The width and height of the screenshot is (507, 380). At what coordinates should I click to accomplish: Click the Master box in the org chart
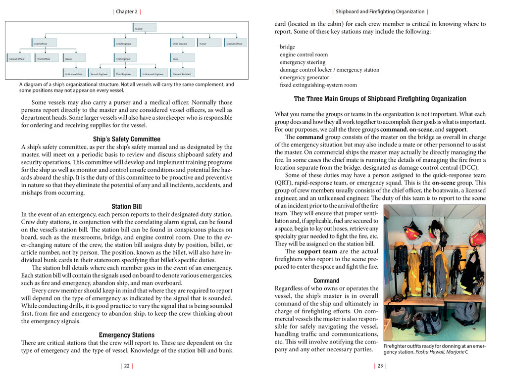tap(145, 28)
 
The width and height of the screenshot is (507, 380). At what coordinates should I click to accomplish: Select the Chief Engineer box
tap(128, 43)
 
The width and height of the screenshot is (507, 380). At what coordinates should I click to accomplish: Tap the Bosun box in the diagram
tap(75, 58)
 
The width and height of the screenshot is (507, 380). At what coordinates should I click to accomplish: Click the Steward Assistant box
tap(182, 73)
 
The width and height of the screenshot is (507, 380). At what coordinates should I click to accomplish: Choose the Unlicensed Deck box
tap(75, 73)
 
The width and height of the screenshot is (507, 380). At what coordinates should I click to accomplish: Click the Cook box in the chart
tap(182, 58)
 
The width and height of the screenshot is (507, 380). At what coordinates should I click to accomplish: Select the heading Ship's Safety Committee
tap(127, 139)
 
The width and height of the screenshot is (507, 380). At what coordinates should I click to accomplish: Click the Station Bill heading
tap(127, 207)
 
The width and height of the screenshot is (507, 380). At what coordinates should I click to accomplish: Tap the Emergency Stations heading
tap(127, 335)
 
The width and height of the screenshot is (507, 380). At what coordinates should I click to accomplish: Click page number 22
tap(127, 366)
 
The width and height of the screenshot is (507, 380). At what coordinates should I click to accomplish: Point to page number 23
tap(380, 366)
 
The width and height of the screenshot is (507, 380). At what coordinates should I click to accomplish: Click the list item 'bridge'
tap(287, 47)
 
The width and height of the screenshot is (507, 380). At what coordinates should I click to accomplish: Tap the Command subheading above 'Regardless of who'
tap(326, 281)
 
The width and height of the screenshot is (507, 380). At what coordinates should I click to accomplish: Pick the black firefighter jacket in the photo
tap(469, 272)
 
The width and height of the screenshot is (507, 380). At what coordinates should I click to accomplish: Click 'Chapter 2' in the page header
tap(127, 11)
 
